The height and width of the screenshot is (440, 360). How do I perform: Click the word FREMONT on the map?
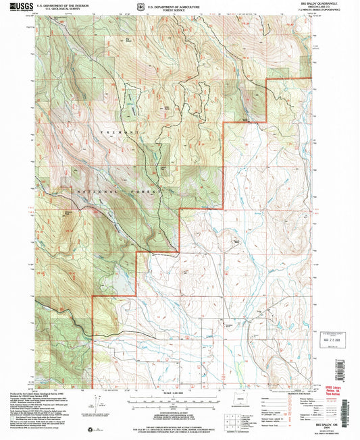[x=120, y=132]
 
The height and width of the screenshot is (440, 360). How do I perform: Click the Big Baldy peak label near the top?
[x=129, y=39]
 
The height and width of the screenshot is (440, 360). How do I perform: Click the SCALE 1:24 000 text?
[x=179, y=393]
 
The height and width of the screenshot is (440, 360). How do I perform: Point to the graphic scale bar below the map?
[x=179, y=400]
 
